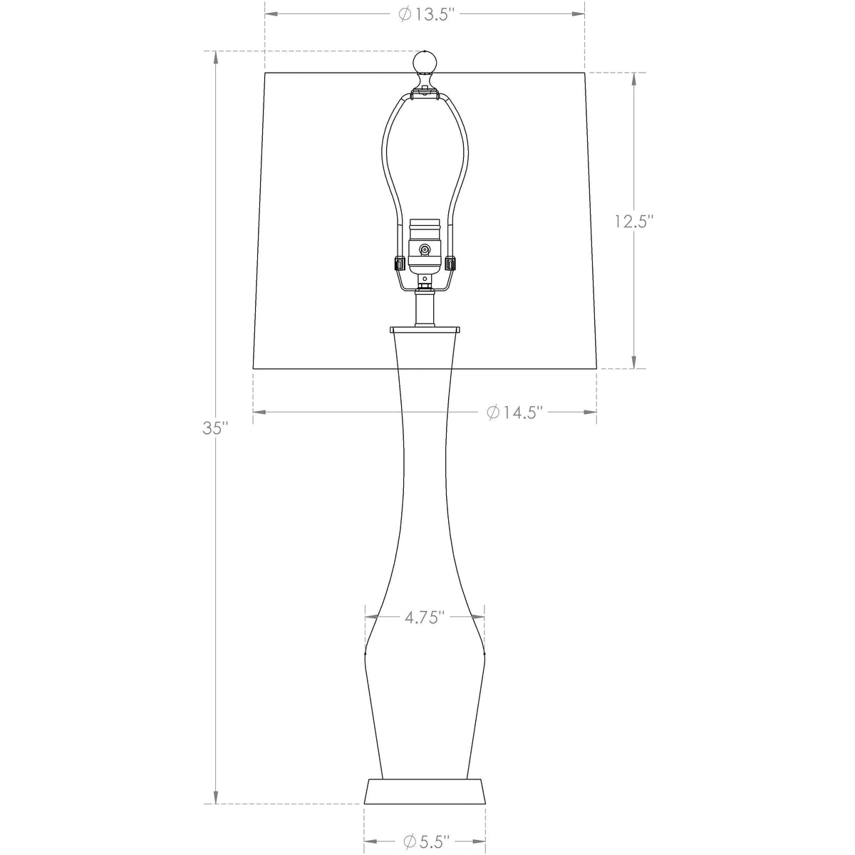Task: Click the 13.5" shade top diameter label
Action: (425, 14)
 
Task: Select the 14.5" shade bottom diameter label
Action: (515, 412)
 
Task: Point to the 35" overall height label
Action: (214, 428)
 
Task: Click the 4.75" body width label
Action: (425, 617)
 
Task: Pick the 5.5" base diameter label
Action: (426, 841)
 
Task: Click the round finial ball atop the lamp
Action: (425, 64)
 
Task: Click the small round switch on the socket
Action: (425, 249)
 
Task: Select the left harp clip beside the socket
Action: (398, 263)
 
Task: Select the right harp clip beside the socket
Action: (451, 263)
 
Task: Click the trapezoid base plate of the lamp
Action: (425, 792)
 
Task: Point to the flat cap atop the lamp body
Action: (425, 330)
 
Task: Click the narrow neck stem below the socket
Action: (425, 308)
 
